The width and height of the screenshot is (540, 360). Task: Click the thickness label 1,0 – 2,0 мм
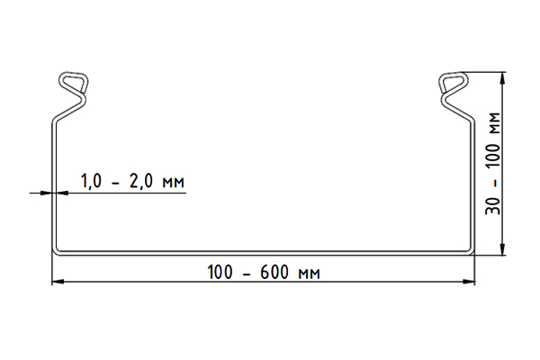point(132,181)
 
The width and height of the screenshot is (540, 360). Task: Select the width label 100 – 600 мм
point(264,272)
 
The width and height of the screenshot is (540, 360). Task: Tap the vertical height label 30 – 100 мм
point(493,163)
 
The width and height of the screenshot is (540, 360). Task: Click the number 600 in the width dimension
point(274,272)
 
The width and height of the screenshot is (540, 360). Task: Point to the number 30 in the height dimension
point(493,206)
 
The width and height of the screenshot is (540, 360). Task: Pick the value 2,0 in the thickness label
point(141,181)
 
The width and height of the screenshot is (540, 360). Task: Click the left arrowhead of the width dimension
point(58,282)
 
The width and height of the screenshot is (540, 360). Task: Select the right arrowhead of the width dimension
point(469,282)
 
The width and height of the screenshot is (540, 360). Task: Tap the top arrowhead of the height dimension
point(503,78)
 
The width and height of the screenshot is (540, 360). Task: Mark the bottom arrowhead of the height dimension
point(503,249)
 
